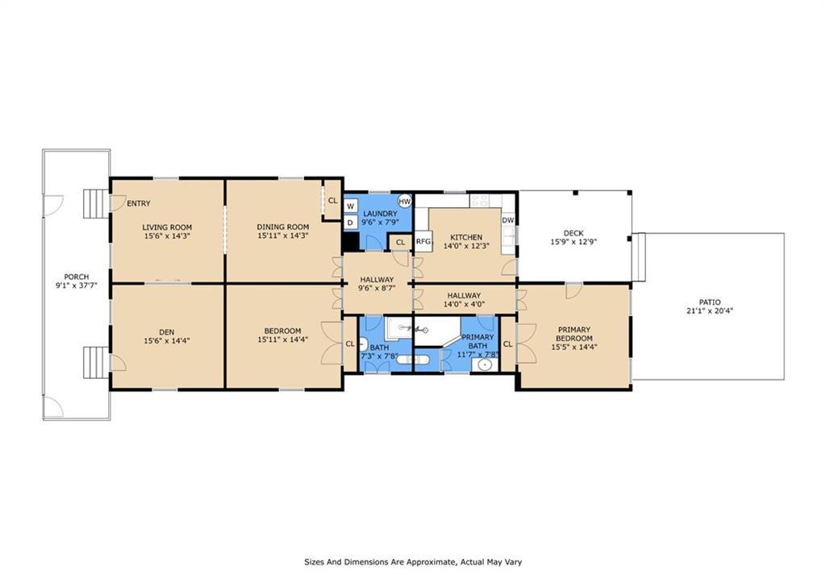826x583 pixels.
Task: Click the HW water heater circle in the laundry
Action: [x=405, y=201]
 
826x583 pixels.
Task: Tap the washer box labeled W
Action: [x=350, y=206]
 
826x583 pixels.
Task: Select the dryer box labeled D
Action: [x=350, y=223]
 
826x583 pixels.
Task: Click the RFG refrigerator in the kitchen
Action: [x=423, y=242]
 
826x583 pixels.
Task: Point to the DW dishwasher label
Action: [x=508, y=220]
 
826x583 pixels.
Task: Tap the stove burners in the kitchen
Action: [x=480, y=200]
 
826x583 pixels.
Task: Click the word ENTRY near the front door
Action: [x=139, y=203]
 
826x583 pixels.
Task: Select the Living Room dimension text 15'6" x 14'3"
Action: [x=167, y=236]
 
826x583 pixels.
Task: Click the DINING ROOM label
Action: [x=283, y=227]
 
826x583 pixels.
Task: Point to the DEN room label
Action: [x=166, y=331]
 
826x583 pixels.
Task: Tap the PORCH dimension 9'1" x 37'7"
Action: [x=77, y=285]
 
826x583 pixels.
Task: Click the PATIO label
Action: [x=710, y=302]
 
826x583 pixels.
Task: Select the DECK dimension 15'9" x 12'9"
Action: [x=574, y=242]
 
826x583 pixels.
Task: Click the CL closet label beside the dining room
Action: [x=332, y=201]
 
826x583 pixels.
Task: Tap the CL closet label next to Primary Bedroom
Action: [x=508, y=344]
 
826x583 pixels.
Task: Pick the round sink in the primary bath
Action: [x=484, y=365]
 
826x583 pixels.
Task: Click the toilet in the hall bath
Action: [x=363, y=345]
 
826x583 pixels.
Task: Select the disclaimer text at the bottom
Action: [x=413, y=562]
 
